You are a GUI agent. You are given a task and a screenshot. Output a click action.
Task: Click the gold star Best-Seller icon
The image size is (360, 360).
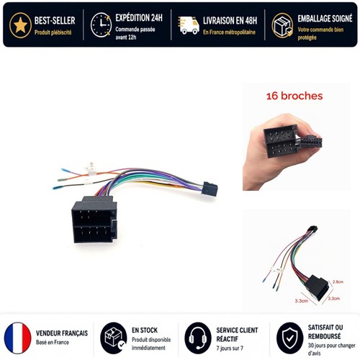click(20, 25)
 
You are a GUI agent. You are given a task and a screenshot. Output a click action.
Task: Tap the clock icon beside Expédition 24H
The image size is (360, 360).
click(101, 25)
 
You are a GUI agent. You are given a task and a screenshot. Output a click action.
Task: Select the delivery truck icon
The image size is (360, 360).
click(189, 25)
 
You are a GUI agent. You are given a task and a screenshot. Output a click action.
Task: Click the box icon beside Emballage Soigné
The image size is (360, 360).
click(282, 25)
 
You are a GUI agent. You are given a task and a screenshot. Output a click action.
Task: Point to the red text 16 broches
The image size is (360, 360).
click(294, 96)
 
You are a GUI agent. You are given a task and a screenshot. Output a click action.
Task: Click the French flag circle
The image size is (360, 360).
click(18, 338)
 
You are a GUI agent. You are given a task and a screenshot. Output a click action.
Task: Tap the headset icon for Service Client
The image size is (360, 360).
click(198, 338)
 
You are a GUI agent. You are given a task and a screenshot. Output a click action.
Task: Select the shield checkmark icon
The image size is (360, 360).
click(290, 338)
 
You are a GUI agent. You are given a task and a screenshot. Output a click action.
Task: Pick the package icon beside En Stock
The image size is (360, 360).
click(114, 338)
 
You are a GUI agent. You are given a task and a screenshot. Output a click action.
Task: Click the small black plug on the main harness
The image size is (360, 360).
click(210, 189)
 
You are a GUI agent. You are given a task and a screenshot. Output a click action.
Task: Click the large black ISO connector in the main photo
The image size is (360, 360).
click(94, 220)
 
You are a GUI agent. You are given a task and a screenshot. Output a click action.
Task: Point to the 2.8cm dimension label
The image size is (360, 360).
click(338, 282)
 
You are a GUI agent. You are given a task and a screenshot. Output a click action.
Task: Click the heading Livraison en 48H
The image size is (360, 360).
click(230, 21)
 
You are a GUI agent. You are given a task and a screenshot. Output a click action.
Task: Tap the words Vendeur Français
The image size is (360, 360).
click(62, 333)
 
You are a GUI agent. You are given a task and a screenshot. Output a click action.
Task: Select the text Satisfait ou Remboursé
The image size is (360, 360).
click(325, 332)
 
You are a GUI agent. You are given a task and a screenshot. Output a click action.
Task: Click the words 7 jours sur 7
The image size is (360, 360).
click(230, 348)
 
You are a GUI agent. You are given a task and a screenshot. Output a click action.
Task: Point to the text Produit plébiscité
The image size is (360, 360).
click(53, 32)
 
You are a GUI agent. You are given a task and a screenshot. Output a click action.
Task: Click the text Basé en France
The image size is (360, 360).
click(53, 342)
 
